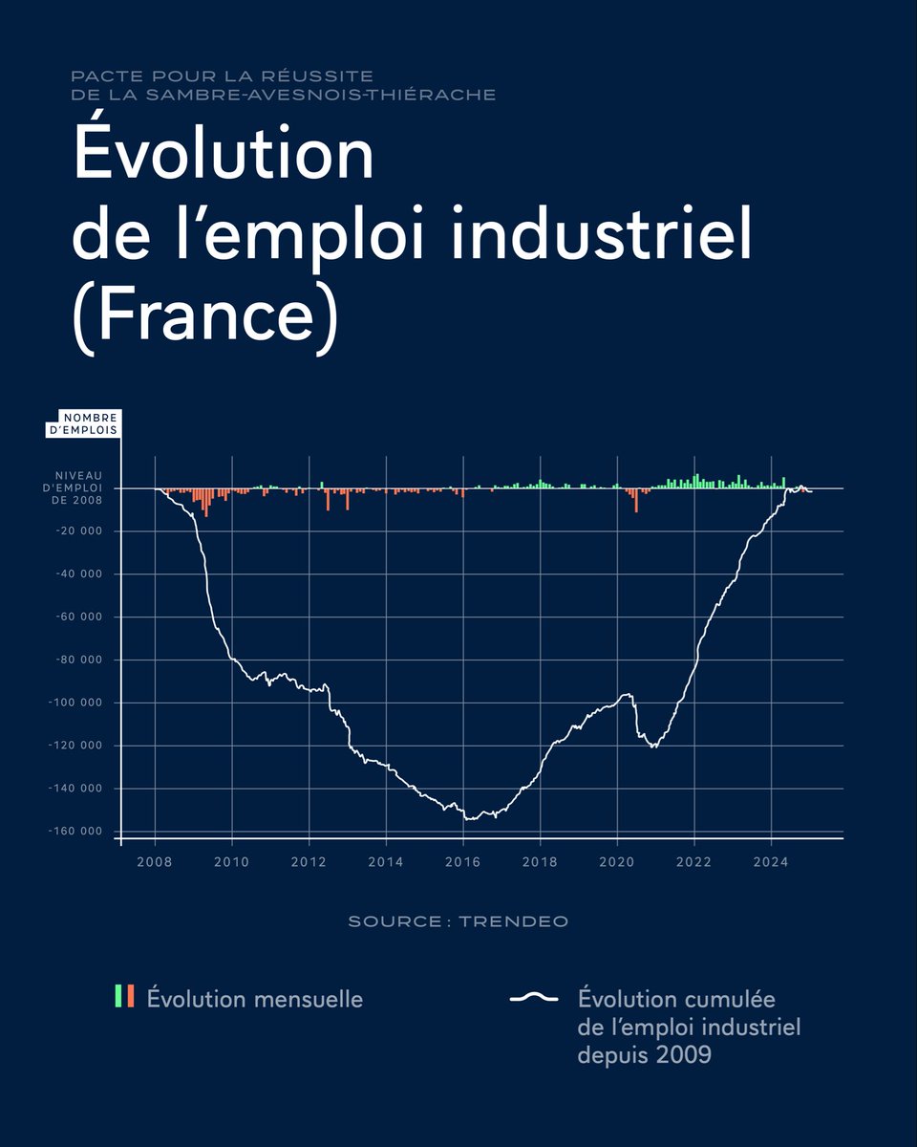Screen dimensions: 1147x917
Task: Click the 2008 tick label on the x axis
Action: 155,862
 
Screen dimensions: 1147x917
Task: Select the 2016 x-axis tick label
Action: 463,862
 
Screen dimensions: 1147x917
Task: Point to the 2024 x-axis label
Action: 771,862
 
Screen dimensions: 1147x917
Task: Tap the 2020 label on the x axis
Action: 617,862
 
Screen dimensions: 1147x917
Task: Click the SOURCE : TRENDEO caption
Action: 458,921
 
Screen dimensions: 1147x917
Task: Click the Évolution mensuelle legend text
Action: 254,1000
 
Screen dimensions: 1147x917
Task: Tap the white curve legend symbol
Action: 534,999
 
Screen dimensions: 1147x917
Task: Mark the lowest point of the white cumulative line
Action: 468,819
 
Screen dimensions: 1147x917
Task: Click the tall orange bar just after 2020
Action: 636,500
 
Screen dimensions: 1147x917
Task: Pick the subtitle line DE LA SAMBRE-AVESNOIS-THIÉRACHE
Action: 283,95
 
